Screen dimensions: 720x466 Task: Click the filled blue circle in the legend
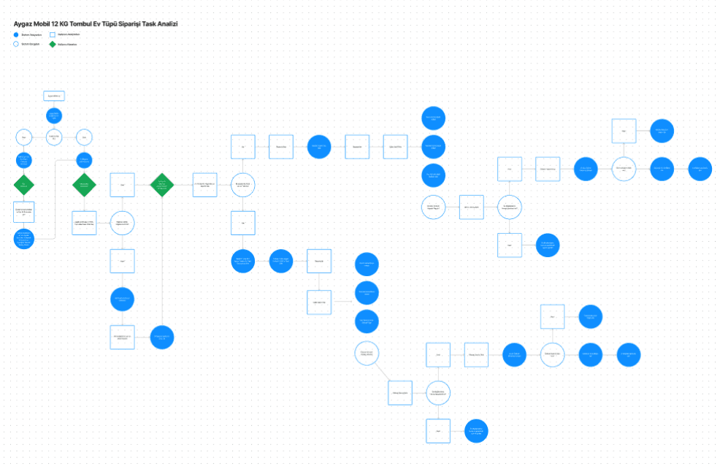(x=16, y=34)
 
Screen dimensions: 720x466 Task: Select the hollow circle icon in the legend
(x=16, y=44)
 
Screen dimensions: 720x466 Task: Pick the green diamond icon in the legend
(x=53, y=44)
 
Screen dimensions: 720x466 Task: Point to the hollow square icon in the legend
(x=53, y=34)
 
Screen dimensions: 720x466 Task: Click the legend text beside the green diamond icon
(x=67, y=45)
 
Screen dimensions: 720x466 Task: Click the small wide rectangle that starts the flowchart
(x=54, y=96)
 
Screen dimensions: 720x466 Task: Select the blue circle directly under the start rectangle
(x=54, y=115)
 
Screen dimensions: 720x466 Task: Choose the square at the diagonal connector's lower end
(x=399, y=392)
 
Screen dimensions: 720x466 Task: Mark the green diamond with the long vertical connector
(x=161, y=184)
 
